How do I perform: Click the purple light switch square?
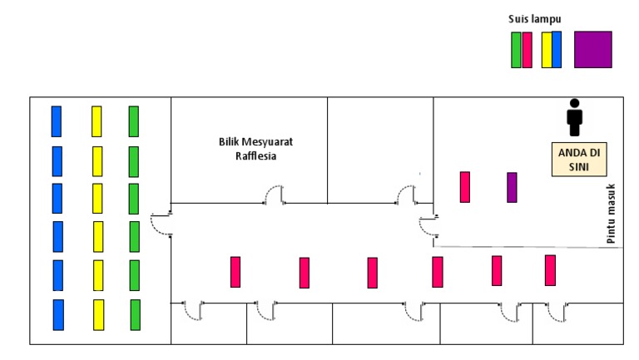(592, 49)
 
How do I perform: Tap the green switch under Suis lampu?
(516, 50)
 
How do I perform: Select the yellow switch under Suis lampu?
(546, 50)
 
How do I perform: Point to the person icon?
(574, 117)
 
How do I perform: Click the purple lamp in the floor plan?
(512, 187)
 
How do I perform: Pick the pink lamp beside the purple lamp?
(464, 186)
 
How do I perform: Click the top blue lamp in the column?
(57, 121)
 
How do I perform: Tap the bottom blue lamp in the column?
(58, 315)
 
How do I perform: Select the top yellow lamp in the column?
(97, 121)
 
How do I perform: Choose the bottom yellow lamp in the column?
(98, 315)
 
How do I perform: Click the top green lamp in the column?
(133, 121)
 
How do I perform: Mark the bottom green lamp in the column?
(135, 315)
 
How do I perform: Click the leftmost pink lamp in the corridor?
(235, 272)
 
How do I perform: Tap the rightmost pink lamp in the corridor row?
(550, 270)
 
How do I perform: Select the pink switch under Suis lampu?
(527, 50)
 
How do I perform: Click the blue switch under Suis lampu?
(557, 50)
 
